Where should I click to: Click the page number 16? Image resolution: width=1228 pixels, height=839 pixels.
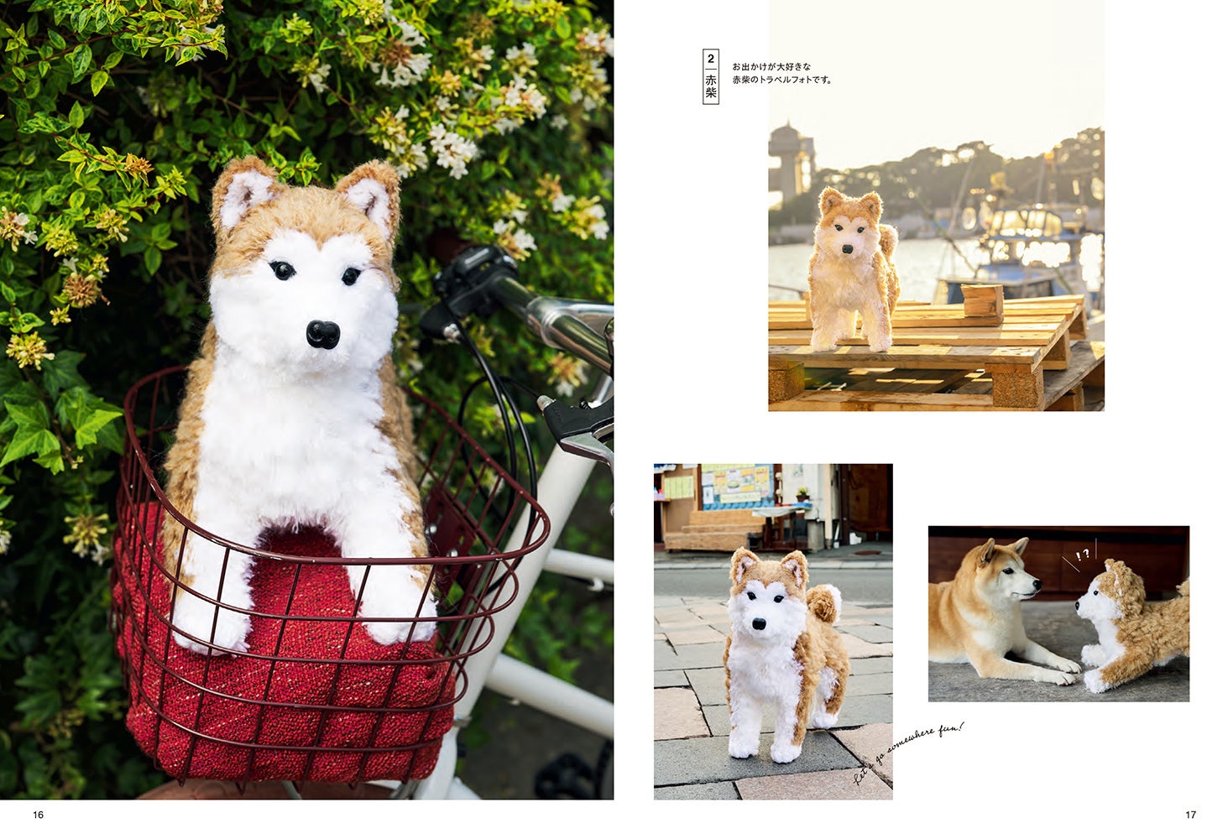38,815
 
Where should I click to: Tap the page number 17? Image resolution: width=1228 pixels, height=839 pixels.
1191,815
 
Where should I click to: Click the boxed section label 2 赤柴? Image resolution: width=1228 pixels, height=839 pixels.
710,76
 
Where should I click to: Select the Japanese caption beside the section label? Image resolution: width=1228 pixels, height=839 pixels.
782,74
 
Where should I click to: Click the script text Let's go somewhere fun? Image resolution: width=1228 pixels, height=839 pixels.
908,753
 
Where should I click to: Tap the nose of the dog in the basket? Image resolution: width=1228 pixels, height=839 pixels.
323,334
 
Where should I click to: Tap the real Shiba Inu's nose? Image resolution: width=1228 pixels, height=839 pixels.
1037,585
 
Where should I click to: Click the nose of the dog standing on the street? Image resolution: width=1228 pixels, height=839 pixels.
759,623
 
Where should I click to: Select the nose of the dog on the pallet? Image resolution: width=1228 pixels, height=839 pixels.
848,249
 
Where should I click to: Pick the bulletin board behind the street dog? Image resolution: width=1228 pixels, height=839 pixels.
737,485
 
